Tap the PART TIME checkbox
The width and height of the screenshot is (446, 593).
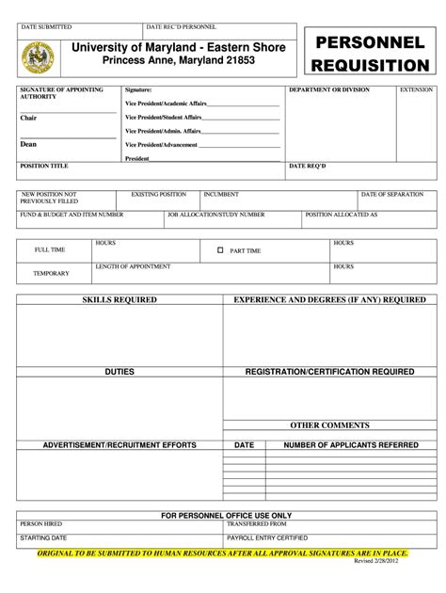coord(220,251)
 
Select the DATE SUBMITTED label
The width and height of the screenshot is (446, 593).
coord(46,28)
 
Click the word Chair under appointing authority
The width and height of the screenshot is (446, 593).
coord(28,119)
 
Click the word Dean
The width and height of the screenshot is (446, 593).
coord(28,145)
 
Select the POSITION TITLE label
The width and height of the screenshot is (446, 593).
coord(44,166)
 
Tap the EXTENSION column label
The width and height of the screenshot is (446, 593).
coord(416,89)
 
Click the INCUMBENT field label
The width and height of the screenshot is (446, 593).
coord(221,194)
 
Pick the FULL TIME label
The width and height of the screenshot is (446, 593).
coord(50,250)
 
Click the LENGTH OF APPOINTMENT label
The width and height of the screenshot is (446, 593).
coord(133,266)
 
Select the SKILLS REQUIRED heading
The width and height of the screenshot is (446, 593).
coord(119,299)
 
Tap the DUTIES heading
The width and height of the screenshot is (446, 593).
coord(119,372)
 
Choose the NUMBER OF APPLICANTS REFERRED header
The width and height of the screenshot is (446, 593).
coord(351,444)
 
